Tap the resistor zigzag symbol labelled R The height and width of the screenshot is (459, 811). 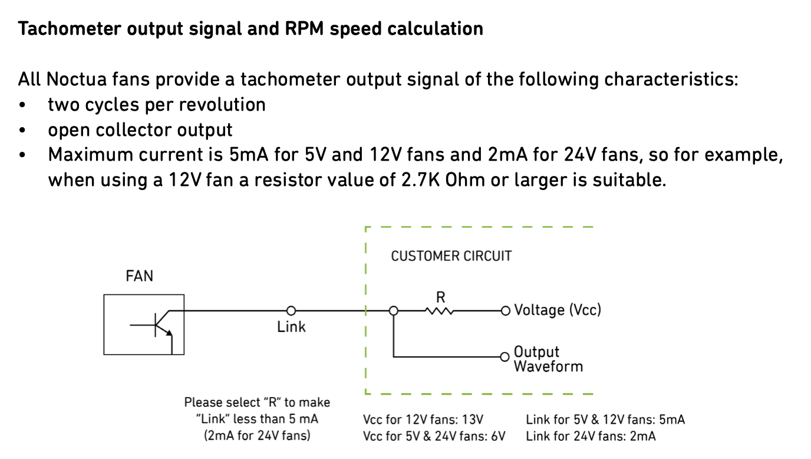click(x=438, y=311)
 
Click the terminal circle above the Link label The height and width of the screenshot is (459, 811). click(x=291, y=310)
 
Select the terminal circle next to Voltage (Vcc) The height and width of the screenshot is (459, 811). click(x=505, y=310)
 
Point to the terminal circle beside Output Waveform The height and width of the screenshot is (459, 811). click(x=505, y=357)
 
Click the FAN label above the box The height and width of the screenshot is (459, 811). click(x=139, y=276)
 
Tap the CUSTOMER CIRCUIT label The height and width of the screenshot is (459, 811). click(x=451, y=256)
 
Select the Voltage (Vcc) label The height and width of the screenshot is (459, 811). click(x=558, y=310)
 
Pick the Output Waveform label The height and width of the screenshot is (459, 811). click(x=548, y=359)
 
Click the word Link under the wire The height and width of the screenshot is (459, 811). click(x=291, y=327)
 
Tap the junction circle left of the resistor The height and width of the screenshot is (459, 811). click(x=393, y=310)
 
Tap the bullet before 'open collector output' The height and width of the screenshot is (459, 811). click(x=22, y=130)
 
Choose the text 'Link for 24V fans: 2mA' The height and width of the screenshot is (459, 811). click(x=591, y=436)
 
